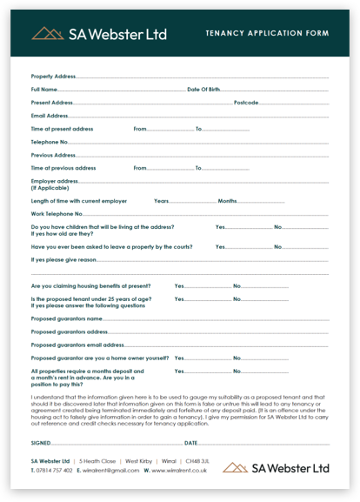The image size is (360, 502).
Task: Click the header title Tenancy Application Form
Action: coord(267,33)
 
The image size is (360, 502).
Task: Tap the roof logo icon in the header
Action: coord(48,33)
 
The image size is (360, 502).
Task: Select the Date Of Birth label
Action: coord(204,90)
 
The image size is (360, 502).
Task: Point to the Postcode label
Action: coord(246,103)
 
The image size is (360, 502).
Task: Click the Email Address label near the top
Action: coord(50,116)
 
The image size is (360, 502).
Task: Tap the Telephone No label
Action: coord(50,142)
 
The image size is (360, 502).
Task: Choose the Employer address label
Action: coord(55,181)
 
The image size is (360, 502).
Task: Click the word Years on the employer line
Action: coord(161,201)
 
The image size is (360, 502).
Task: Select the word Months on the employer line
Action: coord(227,201)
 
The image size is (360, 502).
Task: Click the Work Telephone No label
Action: coord(57,214)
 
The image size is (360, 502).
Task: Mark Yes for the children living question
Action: coord(220,227)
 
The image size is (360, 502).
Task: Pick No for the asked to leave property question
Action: coord(278,247)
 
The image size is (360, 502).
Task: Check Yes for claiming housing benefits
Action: coord(179,286)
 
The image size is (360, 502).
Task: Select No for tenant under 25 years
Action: coord(237,299)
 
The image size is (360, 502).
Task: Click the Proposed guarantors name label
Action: coord(68,319)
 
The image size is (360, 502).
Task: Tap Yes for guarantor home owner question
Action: coord(179,358)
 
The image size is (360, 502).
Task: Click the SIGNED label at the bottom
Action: coord(41,442)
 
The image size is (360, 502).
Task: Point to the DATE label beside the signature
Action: coord(191,442)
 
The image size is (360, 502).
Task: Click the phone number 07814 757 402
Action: coord(55,471)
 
